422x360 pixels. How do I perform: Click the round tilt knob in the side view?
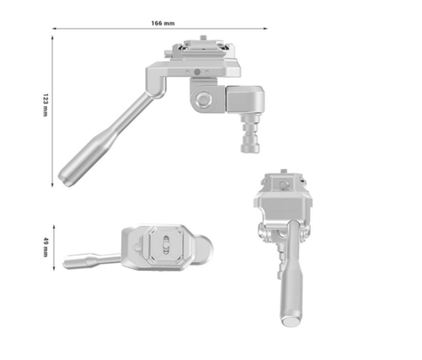[x=203, y=100]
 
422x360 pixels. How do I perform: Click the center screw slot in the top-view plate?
[x=167, y=247]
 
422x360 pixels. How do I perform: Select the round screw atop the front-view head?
[x=284, y=180]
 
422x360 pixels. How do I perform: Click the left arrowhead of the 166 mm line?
[x=56, y=30]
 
